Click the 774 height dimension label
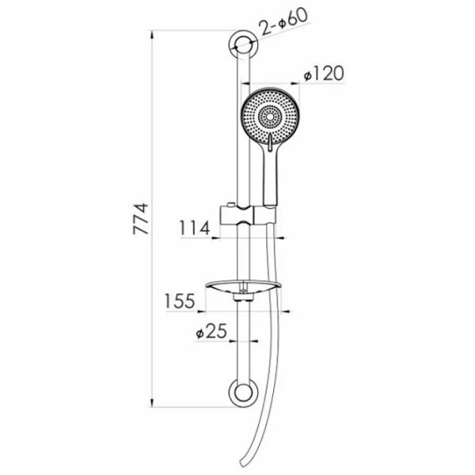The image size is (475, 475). click(x=141, y=218)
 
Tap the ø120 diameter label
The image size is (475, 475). click(x=324, y=74)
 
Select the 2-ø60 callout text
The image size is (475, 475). click(x=284, y=21)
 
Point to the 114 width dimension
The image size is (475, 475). click(x=195, y=228)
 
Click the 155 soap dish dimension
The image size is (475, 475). click(x=180, y=301)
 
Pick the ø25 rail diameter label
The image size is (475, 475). click(x=211, y=331)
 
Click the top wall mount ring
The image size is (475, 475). click(x=243, y=45)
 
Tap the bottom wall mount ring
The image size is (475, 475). click(x=243, y=393)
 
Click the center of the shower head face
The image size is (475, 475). click(x=269, y=116)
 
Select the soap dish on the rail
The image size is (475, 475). click(x=243, y=289)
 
